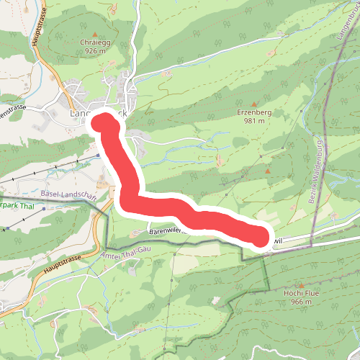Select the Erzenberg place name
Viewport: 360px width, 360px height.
[x=251, y=112]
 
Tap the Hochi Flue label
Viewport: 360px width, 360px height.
[x=302, y=294]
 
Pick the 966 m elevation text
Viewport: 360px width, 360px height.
[x=302, y=302]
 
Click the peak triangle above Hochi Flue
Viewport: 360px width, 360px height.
[x=302, y=285]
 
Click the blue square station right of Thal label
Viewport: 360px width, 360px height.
[x=45, y=209]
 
